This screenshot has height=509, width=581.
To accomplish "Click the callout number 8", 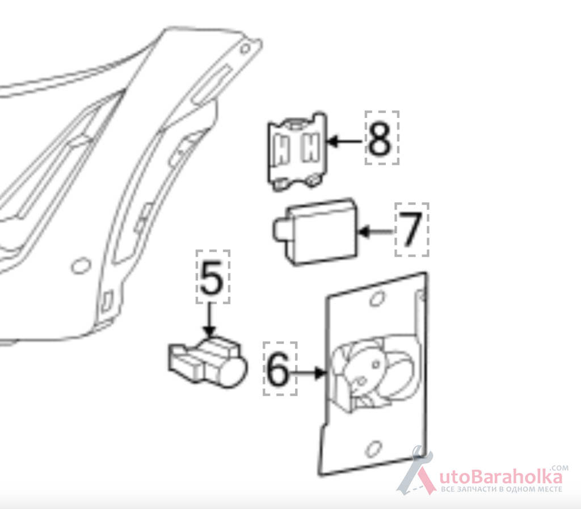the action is point(379,138).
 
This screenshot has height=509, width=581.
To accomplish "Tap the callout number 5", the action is point(212,278).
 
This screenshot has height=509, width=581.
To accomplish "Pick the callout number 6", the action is point(277,369).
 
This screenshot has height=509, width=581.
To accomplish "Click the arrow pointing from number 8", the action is point(345,141).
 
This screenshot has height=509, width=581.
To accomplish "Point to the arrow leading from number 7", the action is point(376,232).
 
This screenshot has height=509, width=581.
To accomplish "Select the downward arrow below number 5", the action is point(210,320).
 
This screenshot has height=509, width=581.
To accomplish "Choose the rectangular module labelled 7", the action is point(315,232).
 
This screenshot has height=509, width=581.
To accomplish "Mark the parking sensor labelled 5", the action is point(208,362).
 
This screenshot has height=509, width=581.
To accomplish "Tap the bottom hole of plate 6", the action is point(373,449).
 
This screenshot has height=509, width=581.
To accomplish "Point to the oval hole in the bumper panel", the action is point(81,266).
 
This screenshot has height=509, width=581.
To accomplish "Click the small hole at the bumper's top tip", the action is point(245,49).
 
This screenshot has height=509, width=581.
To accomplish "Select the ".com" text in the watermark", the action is point(560,468).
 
